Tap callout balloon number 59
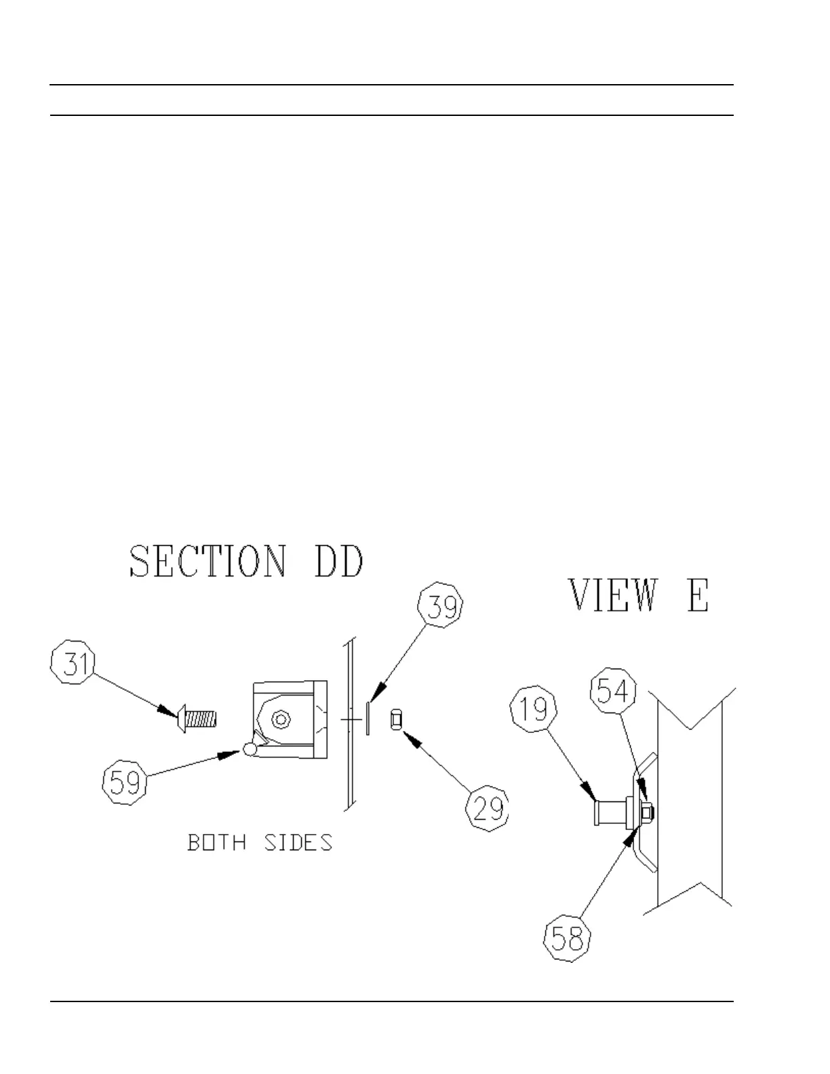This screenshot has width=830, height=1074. coord(125,782)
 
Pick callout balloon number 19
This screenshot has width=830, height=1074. coord(534,710)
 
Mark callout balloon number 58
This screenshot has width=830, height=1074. coord(568,938)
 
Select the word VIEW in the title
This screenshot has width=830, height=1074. coord(612,595)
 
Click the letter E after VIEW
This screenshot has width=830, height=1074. coord(697,595)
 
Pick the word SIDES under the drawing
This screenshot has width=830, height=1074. coord(298,843)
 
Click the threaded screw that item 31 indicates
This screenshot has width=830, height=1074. coord(197,718)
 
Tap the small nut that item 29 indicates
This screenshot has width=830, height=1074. coord(397,719)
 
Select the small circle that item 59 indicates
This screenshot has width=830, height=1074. coord(250,749)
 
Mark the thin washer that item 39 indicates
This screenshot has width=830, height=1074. coord(368,718)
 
